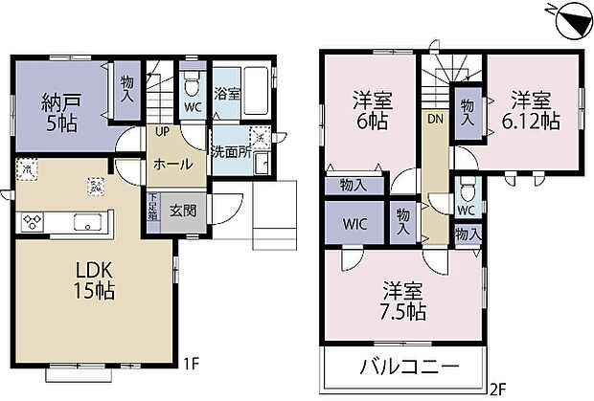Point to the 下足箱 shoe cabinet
pyautogui.click(x=152, y=209)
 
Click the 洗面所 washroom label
pyautogui.click(x=231, y=151)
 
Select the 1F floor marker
pyautogui.click(x=192, y=364)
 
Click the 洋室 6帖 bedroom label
pyautogui.click(x=370, y=111)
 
